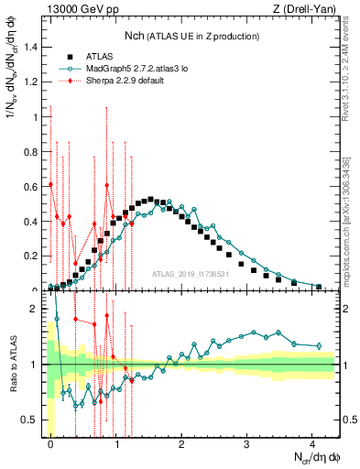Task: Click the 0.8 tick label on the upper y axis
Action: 30,151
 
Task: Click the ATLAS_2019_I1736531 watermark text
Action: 191,275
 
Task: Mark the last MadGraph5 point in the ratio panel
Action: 318,345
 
